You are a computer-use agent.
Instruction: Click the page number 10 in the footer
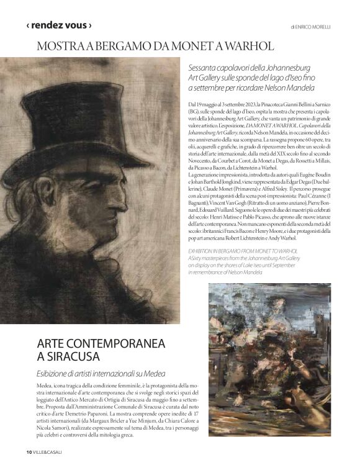29,451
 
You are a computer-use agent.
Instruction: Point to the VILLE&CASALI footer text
48,451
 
